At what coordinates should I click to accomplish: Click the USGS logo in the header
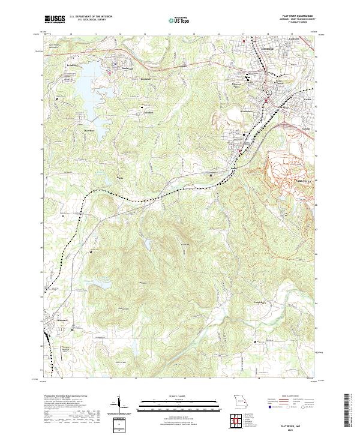[x=54, y=19]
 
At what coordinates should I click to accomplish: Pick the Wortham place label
[x=89, y=130]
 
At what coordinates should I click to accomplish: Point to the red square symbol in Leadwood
[x=110, y=73]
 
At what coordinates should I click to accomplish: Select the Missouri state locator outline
[x=239, y=401]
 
